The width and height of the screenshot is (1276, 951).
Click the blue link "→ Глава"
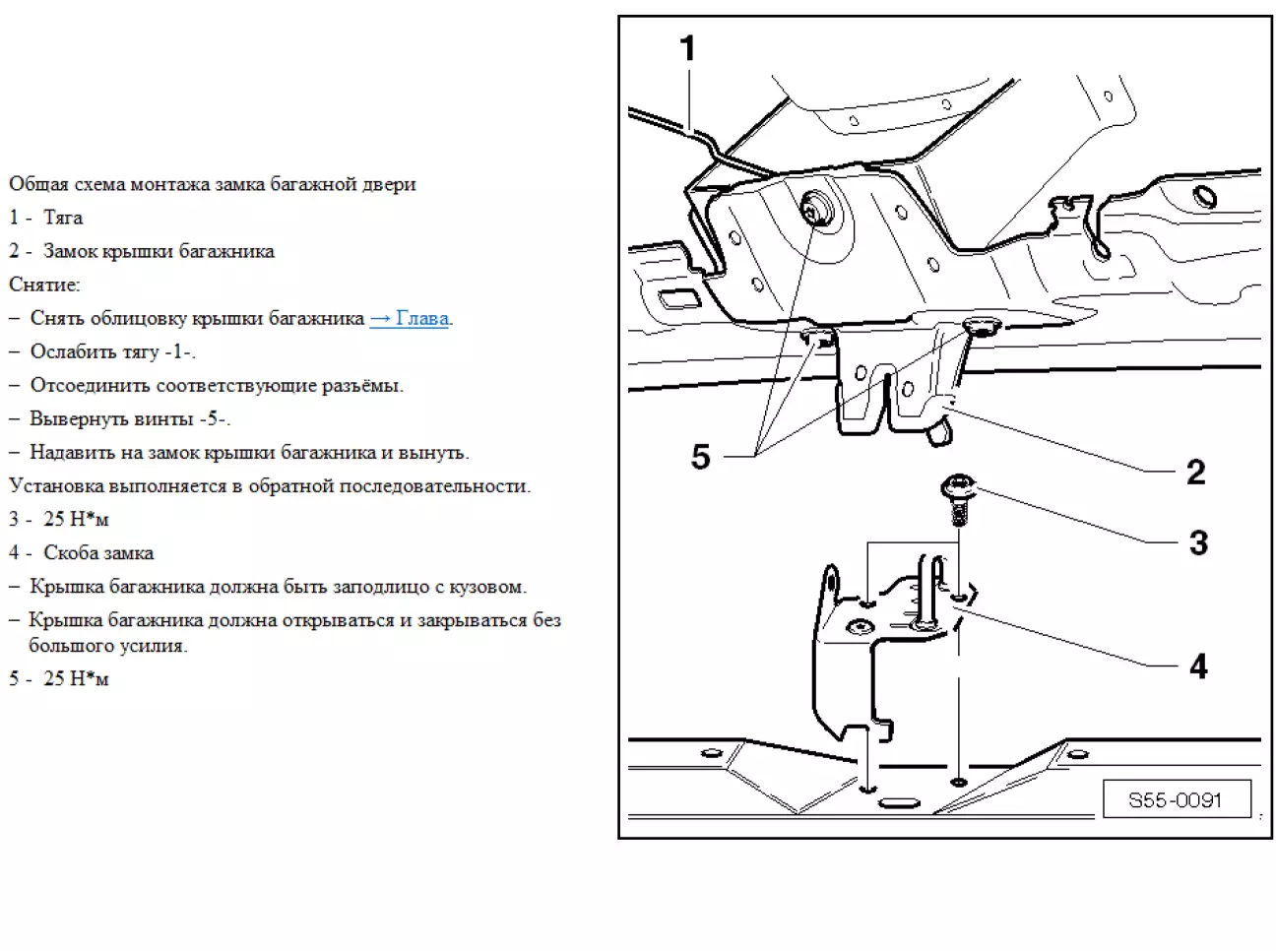410,318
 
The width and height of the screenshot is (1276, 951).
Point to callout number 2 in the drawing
1196,472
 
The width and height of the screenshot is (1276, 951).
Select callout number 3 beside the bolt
1198,542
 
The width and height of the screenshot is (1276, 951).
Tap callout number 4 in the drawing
1198,666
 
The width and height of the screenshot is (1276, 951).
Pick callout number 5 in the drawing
700,457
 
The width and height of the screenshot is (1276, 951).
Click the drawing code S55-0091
1175,800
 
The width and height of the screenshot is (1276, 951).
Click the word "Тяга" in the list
63,218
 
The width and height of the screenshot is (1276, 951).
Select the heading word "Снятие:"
44,285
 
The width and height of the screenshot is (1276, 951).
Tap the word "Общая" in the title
38,184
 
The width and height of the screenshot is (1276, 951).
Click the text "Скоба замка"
98,553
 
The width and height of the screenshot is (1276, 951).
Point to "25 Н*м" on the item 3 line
76,519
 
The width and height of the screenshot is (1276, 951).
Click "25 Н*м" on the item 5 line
76,679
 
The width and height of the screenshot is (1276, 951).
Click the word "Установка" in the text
57,486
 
